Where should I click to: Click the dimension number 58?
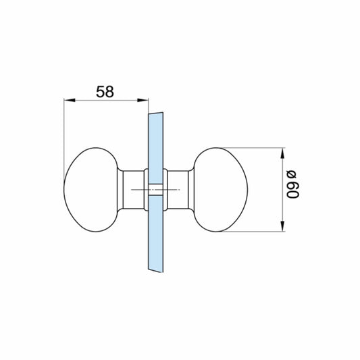(105, 91)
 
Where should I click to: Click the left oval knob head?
(92, 190)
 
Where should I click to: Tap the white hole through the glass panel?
(154, 190)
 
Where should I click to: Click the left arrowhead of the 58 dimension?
(68, 101)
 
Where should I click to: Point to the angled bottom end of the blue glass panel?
(154, 268)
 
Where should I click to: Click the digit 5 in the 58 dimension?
(99, 91)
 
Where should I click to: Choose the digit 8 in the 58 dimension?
(110, 91)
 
